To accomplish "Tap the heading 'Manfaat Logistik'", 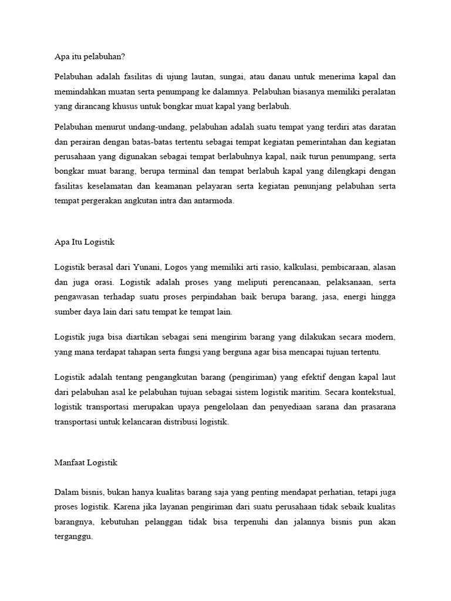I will tap(86, 462).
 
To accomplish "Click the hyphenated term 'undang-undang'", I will tap(153, 127).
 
